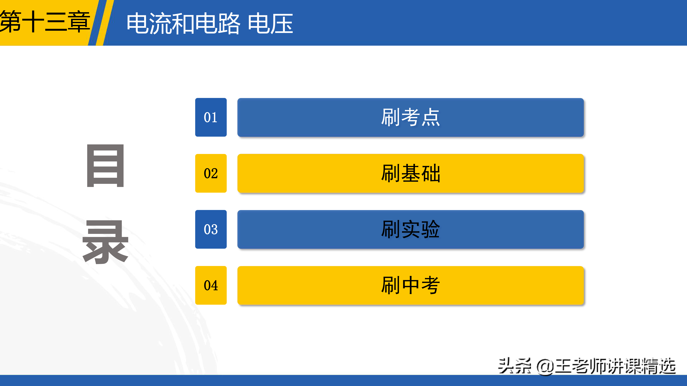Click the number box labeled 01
click(x=211, y=117)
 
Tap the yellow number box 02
click(x=211, y=173)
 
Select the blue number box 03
click(x=211, y=229)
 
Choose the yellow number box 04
click(x=211, y=285)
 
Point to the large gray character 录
click(x=105, y=242)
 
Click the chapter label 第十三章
click(x=45, y=22)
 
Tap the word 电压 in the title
click(x=270, y=23)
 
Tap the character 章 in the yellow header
click(x=79, y=22)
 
